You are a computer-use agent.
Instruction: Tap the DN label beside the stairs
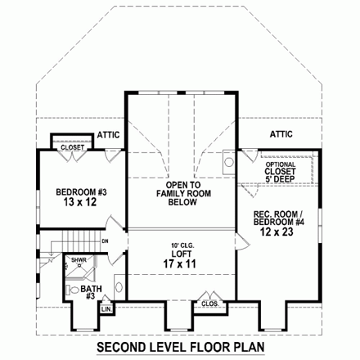coord(105,241)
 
